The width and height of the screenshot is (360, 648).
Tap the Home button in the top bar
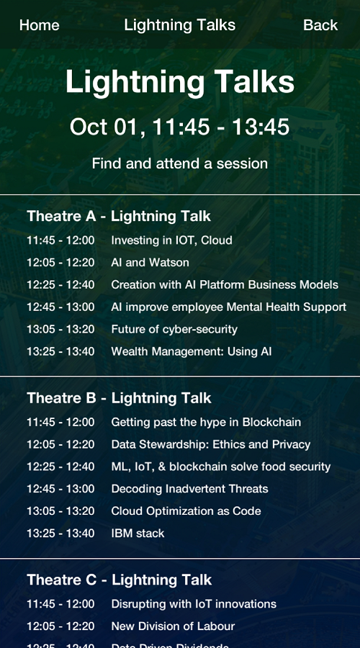[40, 25]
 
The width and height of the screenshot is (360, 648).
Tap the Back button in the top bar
[320, 25]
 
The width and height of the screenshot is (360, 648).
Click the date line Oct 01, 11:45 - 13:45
[179, 127]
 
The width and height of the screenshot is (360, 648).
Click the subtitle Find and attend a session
[179, 163]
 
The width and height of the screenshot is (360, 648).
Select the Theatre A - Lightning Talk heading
[119, 216]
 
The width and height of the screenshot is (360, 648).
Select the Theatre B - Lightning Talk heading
[119, 398]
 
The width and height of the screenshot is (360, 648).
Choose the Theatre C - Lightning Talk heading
[119, 580]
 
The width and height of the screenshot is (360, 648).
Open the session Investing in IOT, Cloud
[171, 240]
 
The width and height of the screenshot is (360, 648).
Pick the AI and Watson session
[150, 263]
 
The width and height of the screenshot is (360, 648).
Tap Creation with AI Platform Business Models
[224, 285]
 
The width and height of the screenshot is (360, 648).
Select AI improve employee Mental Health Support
[228, 307]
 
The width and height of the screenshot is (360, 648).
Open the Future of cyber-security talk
[174, 330]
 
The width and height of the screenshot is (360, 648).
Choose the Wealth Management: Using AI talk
[191, 352]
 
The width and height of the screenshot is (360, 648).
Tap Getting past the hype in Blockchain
[206, 423]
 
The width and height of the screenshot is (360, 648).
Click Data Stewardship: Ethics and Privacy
[210, 445]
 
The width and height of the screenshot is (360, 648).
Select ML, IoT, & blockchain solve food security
[220, 467]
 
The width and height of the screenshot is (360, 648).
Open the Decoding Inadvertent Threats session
[189, 490]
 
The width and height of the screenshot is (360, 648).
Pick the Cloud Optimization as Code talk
[186, 512]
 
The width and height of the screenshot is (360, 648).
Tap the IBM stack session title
[138, 534]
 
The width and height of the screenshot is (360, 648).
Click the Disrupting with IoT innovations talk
[193, 604]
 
